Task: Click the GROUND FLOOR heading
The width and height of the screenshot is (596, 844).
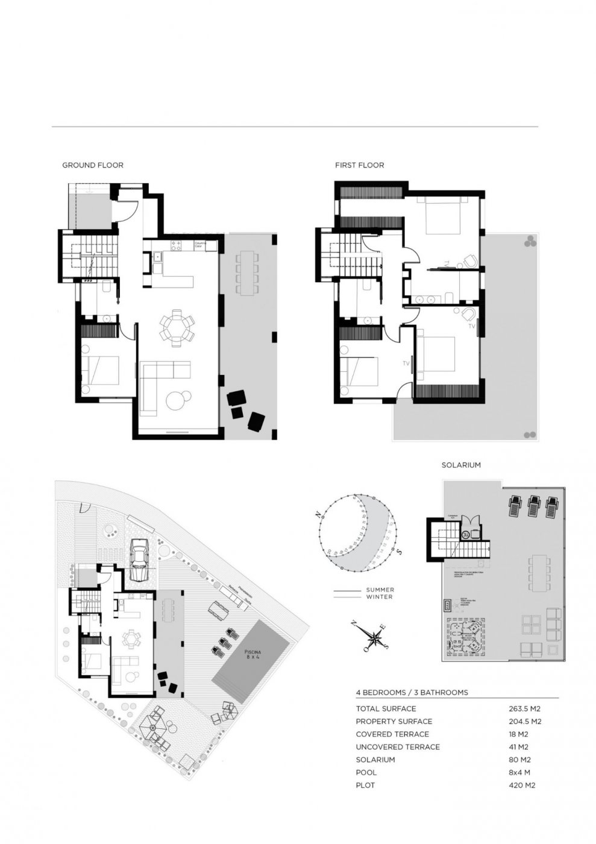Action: [93, 165]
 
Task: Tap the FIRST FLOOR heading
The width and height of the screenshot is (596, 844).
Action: [359, 165]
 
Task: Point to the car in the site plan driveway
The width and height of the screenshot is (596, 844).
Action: [139, 559]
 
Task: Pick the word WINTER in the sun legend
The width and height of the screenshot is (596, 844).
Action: [380, 597]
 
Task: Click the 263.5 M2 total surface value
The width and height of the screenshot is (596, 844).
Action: [525, 708]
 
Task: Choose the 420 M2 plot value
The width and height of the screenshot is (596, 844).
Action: [522, 785]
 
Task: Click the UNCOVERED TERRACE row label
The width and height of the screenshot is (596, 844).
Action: [398, 747]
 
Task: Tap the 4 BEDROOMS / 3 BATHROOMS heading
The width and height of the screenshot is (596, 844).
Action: [412, 693]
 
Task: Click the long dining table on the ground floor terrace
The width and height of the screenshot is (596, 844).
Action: [247, 272]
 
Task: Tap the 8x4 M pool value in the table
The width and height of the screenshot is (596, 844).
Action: [522, 772]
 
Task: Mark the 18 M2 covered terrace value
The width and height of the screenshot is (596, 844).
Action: [519, 734]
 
